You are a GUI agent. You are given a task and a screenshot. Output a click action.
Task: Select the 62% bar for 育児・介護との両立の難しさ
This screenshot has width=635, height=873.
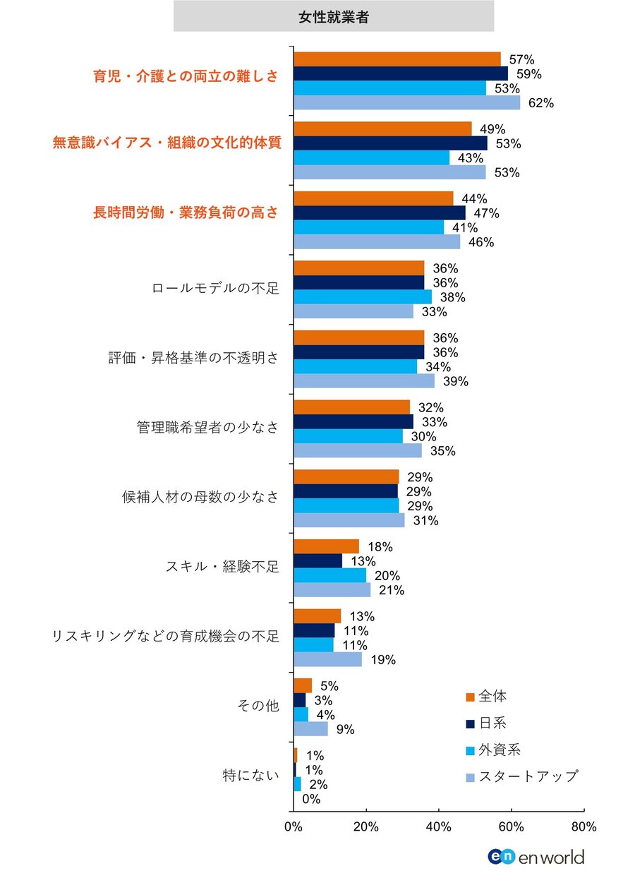(406, 103)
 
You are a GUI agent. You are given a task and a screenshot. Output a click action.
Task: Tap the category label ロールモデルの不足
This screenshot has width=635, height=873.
(216, 289)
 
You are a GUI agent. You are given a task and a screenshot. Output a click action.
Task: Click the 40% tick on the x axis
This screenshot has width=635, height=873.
(439, 826)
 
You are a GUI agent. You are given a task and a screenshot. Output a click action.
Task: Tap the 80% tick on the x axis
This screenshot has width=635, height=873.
(583, 826)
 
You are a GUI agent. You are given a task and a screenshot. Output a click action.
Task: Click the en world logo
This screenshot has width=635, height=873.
(536, 857)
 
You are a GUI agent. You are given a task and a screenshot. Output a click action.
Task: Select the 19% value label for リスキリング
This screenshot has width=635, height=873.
(384, 661)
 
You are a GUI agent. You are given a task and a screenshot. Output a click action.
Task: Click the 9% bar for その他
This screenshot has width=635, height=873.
(310, 729)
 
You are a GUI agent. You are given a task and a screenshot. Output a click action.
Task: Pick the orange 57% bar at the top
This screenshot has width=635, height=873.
(397, 59)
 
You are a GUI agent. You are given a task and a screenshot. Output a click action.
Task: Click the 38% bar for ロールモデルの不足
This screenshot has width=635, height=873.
(362, 297)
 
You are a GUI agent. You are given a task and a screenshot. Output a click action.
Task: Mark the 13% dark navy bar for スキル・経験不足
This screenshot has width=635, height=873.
(317, 561)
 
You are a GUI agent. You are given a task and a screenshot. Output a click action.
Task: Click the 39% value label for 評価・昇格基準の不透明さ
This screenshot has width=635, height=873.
(455, 382)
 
